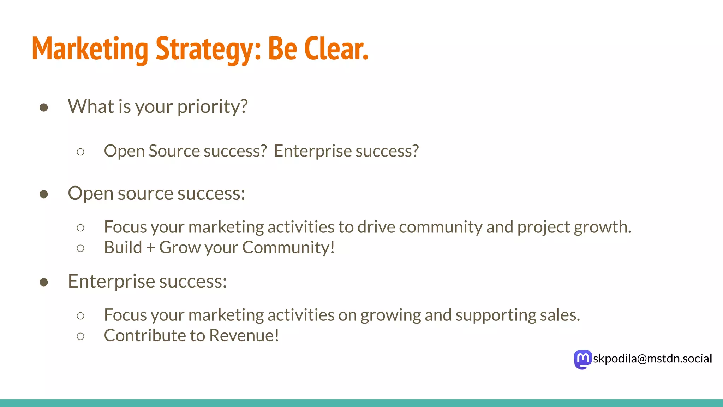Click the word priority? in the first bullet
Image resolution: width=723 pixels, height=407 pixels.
tap(213, 106)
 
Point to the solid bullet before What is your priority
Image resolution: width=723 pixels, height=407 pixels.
tap(44, 107)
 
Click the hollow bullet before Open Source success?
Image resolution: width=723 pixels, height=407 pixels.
tap(80, 152)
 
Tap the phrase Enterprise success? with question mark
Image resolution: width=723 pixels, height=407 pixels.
tap(346, 151)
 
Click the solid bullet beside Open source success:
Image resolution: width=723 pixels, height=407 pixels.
tap(44, 194)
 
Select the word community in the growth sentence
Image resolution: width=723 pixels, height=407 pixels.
tap(440, 227)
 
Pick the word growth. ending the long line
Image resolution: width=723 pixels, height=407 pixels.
tap(602, 228)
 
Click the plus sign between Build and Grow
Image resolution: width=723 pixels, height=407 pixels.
tap(151, 247)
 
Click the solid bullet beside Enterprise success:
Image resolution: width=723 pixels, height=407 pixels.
tap(44, 282)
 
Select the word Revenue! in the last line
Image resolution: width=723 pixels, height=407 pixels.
tap(244, 335)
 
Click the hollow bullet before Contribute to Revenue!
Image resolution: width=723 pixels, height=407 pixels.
tap(80, 336)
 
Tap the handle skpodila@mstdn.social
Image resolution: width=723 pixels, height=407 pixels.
tap(652, 359)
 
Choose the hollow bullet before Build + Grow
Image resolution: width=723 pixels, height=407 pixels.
tap(80, 248)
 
